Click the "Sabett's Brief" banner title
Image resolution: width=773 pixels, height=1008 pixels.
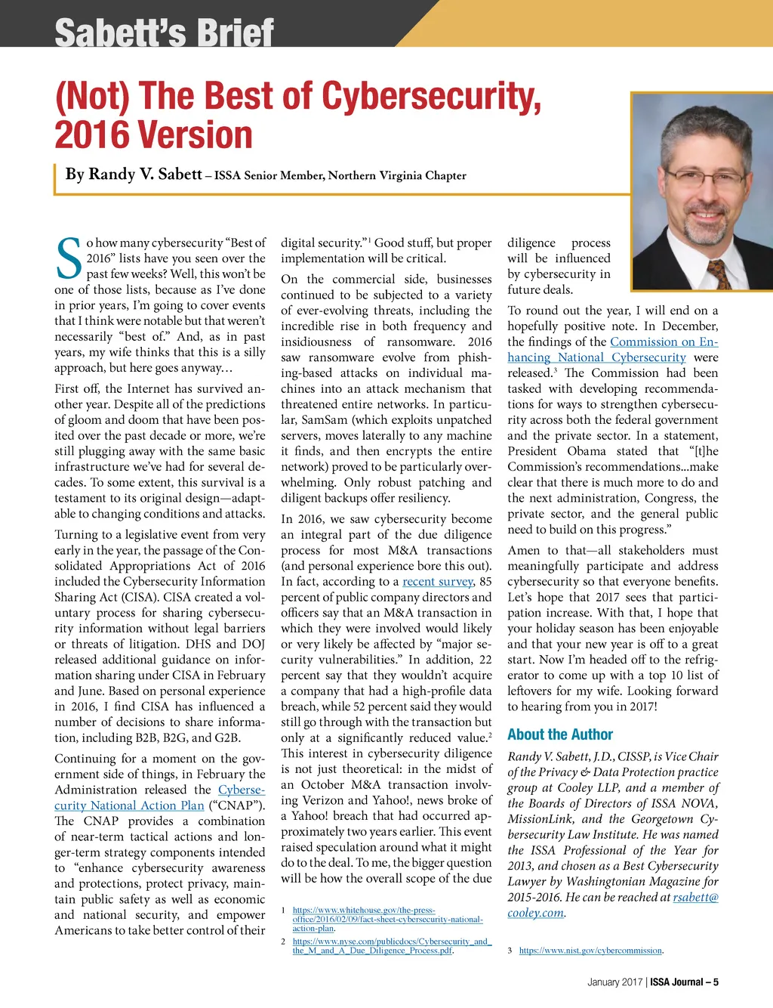[164, 32]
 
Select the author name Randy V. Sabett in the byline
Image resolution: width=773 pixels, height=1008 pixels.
[134, 175]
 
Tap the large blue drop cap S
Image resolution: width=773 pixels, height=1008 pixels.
[69, 259]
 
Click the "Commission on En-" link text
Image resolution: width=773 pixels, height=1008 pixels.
[664, 342]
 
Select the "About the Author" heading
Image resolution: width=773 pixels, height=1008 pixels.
[560, 734]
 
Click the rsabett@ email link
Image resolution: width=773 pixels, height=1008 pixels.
[695, 897]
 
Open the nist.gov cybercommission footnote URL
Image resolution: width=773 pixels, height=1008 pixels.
[591, 951]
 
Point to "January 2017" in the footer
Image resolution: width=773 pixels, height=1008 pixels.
[614, 982]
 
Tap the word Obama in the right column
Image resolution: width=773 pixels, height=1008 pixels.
[587, 451]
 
